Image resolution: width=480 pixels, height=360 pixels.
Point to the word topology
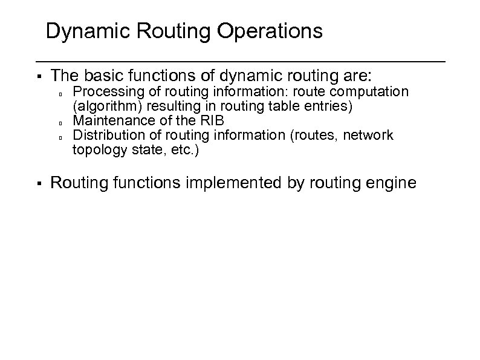coord(97,149)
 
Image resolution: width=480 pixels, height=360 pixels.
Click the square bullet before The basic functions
coord(38,77)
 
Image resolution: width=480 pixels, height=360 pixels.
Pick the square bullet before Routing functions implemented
coord(38,183)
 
